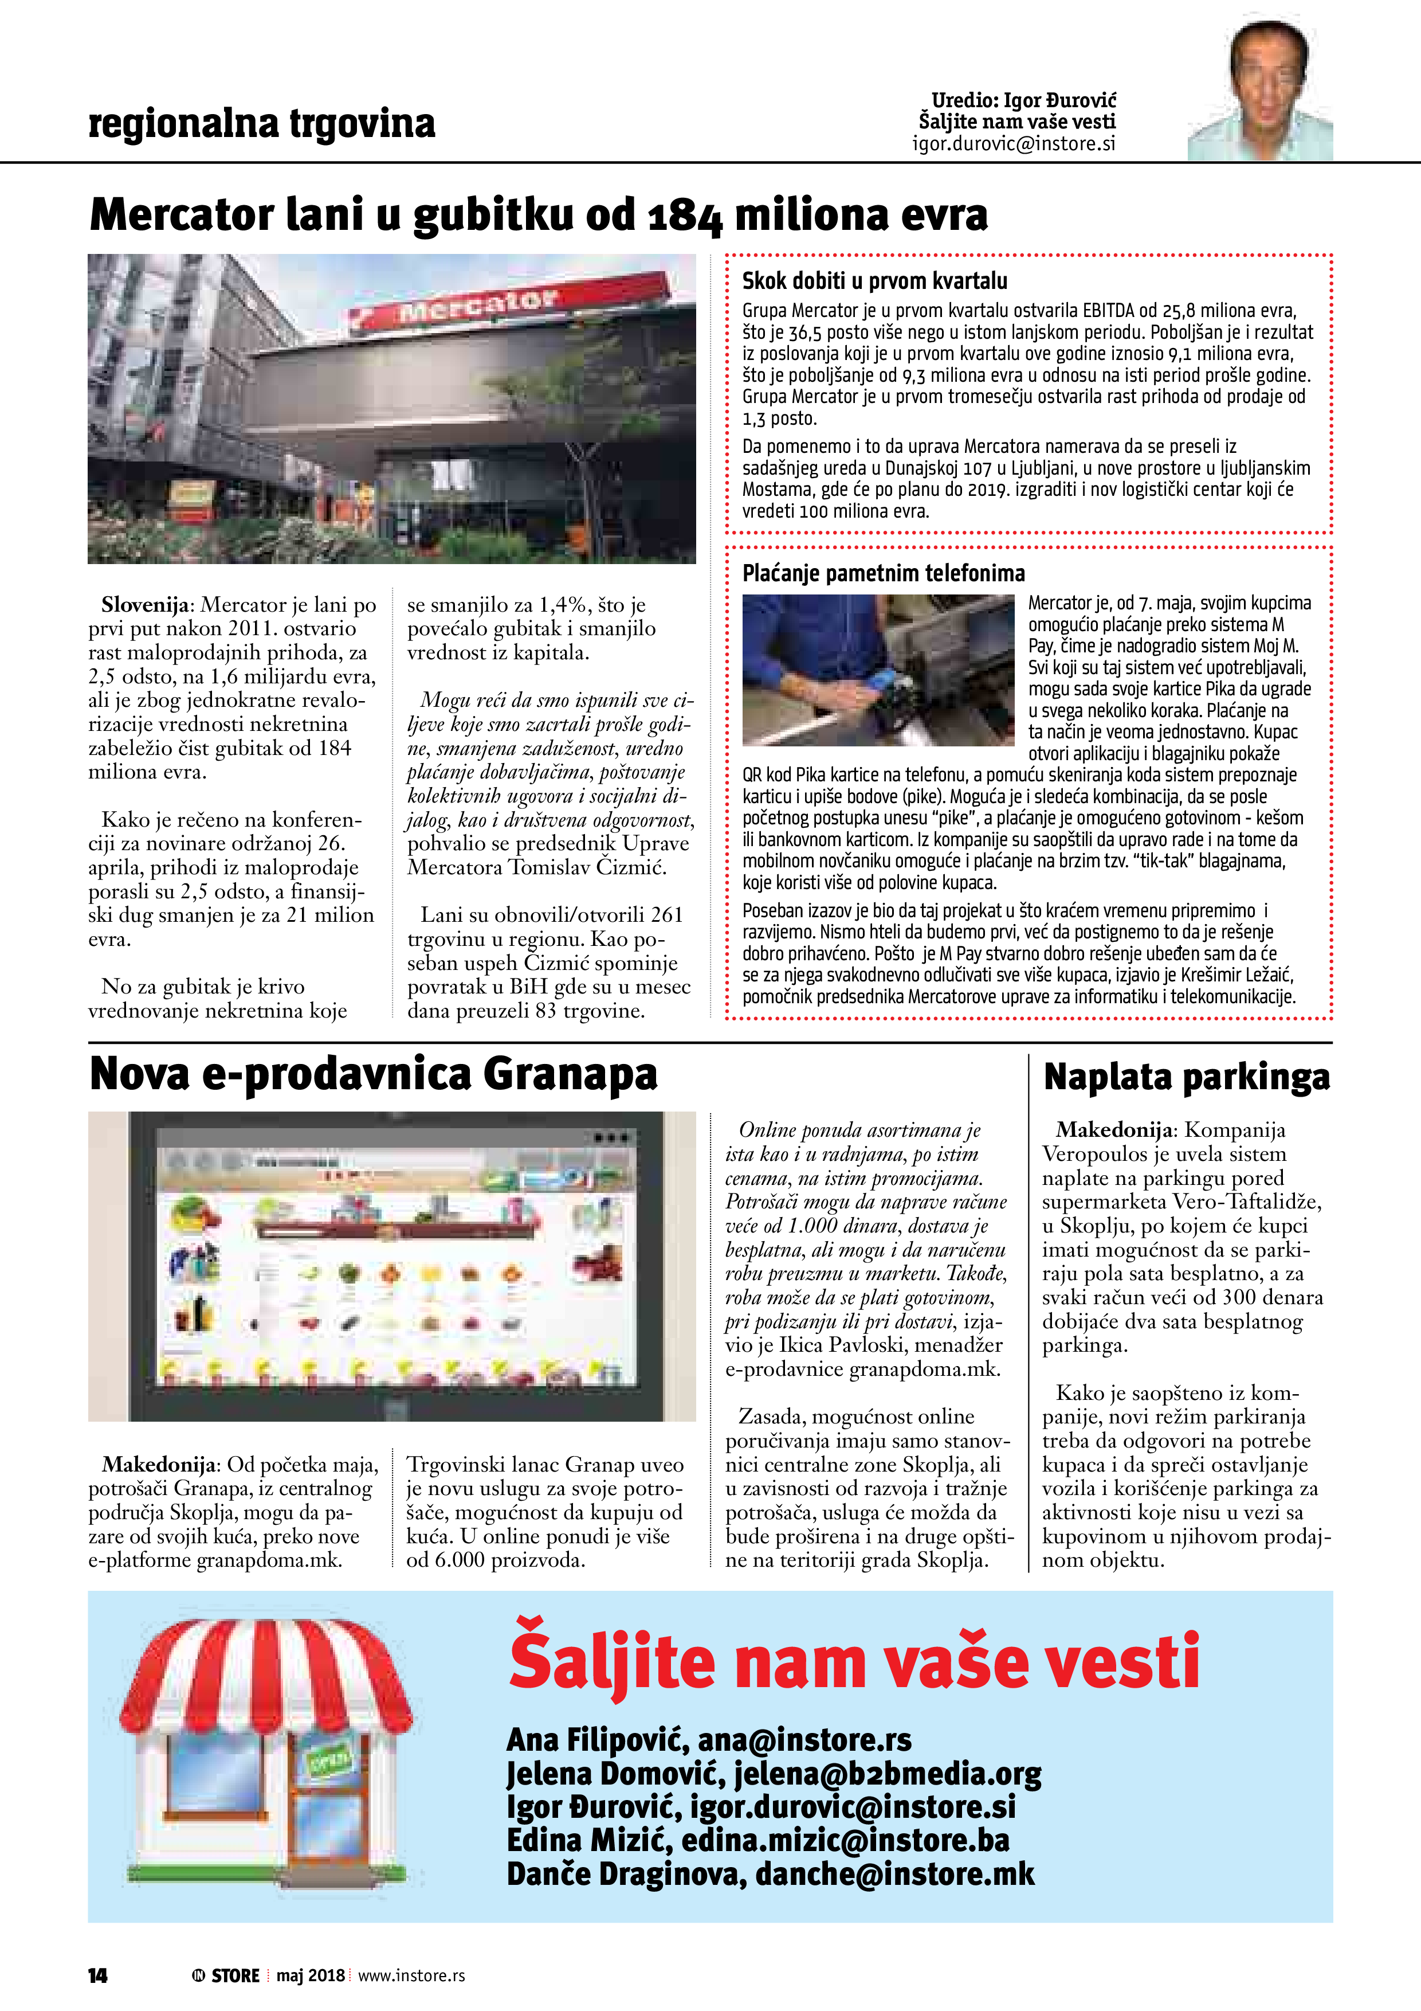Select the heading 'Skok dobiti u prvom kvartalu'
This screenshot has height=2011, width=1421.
(x=874, y=281)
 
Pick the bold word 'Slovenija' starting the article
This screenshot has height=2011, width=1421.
(x=144, y=605)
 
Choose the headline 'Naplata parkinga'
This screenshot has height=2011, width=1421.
(x=1186, y=1077)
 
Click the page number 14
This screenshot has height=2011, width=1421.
(x=97, y=1975)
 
